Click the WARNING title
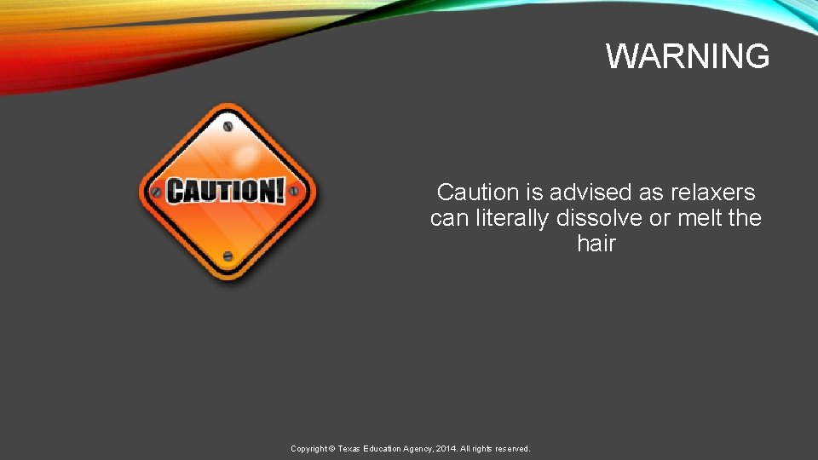(x=688, y=56)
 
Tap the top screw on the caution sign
(x=228, y=127)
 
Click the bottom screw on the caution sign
(x=228, y=256)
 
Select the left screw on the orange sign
(x=156, y=192)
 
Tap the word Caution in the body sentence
(x=477, y=192)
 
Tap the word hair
(x=596, y=244)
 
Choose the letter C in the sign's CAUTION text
(x=176, y=192)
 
